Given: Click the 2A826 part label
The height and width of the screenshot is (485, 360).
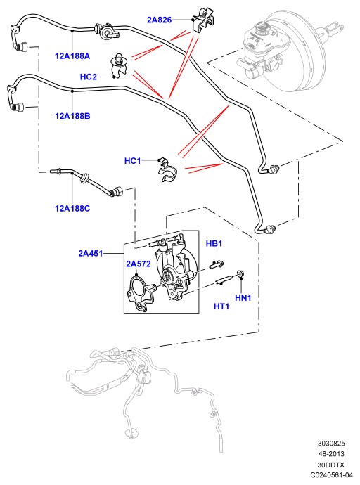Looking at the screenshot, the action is click(x=159, y=20).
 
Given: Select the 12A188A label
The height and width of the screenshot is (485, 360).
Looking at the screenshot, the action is click(x=72, y=56).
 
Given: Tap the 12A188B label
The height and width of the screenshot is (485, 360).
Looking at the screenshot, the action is click(x=72, y=116).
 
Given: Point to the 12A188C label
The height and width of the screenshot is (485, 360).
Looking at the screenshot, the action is click(x=72, y=208).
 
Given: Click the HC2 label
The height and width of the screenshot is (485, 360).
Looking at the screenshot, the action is click(x=88, y=77).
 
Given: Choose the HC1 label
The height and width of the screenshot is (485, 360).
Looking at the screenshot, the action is click(x=132, y=160).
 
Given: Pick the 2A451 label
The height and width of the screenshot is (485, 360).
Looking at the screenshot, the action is click(x=90, y=253).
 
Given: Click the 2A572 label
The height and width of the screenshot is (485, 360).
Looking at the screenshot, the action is click(x=139, y=264).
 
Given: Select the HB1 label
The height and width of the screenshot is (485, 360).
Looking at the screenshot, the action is click(x=214, y=243).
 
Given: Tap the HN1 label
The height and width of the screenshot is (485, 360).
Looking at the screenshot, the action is click(x=243, y=297).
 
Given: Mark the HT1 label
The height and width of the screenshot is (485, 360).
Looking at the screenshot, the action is click(x=221, y=306).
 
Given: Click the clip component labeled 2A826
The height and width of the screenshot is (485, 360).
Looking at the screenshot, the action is click(x=203, y=21).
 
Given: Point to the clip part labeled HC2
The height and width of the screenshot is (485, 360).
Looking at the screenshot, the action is click(x=120, y=65).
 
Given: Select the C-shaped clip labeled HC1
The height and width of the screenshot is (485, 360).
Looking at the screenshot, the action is click(x=166, y=171).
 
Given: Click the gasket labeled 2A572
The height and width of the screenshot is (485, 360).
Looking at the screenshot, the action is click(x=141, y=294).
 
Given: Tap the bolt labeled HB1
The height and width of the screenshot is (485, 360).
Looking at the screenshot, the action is click(x=217, y=265).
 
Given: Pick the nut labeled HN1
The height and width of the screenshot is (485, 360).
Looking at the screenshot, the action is click(x=240, y=273).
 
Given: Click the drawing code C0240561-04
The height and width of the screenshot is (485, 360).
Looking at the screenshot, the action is click(x=332, y=474).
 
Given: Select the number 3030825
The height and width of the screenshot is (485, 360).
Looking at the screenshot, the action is click(x=331, y=444).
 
